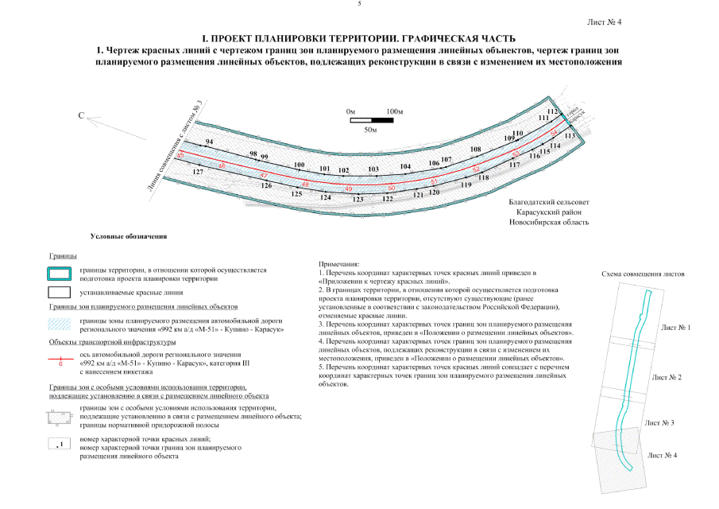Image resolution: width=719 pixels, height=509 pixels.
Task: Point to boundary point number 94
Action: [x=210, y=142]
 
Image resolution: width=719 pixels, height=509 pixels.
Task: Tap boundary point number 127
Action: [x=198, y=172]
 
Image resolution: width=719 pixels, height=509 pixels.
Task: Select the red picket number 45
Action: [x=180, y=155]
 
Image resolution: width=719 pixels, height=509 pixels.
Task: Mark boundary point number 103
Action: [x=373, y=169]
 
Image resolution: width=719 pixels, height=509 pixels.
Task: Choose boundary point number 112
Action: [x=553, y=112]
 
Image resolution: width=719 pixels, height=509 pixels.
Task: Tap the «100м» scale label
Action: [x=395, y=111]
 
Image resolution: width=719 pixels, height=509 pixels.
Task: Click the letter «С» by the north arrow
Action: [x=80, y=116]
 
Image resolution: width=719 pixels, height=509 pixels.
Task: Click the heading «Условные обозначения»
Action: [x=127, y=236]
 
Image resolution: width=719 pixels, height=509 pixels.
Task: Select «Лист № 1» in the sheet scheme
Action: [x=675, y=327]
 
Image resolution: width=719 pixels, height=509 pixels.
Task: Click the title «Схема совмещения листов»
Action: [x=644, y=274]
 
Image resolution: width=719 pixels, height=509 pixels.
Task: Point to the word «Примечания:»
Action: [x=339, y=263]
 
